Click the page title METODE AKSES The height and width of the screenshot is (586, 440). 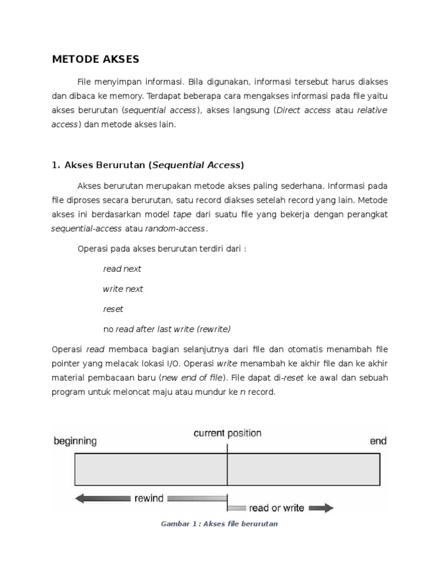(x=95, y=59)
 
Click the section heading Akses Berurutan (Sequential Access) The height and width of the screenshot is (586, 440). (x=148, y=165)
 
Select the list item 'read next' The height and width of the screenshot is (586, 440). (x=122, y=269)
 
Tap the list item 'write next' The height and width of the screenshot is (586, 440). (x=123, y=289)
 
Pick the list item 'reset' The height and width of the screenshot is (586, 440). (x=113, y=309)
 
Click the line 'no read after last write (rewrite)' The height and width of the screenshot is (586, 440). (x=167, y=329)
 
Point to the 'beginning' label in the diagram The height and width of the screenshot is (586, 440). (x=75, y=441)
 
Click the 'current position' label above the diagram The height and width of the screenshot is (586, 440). (x=227, y=433)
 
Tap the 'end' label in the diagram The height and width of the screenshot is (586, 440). (x=378, y=441)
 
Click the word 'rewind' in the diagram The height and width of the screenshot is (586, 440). (x=149, y=498)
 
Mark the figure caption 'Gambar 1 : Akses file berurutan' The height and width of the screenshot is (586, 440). (x=220, y=524)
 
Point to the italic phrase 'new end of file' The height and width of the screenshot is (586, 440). (x=192, y=378)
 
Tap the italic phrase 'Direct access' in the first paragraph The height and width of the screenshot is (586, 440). (x=304, y=110)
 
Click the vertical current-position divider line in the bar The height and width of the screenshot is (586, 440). (x=227, y=469)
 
